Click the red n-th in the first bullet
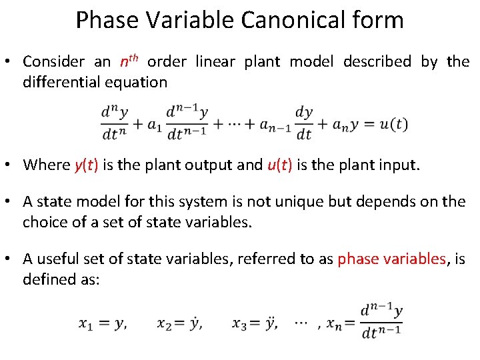pos(128,61)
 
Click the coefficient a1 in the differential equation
pos(154,125)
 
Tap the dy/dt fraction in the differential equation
pos(303,124)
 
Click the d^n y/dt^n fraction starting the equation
pos(114,124)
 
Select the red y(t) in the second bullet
pos(86,165)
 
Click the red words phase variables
pos(391,259)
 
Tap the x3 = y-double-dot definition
pos(255,324)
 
